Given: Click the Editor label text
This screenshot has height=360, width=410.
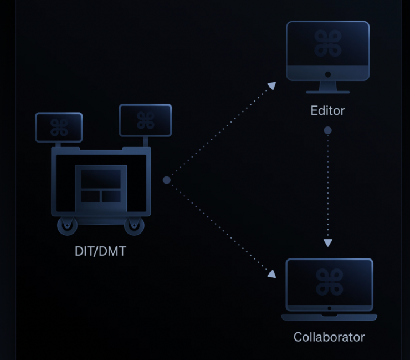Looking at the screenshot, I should [327, 110].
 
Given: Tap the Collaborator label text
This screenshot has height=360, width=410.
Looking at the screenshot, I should [329, 337].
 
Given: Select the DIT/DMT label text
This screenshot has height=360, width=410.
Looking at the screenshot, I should [100, 251].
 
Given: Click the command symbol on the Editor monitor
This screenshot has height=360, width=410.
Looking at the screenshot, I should [327, 44].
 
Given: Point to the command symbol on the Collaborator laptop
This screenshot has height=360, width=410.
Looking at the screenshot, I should [329, 282].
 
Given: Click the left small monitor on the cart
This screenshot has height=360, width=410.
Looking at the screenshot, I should [59, 127].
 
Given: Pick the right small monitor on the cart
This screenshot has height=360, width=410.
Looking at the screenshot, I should [145, 120].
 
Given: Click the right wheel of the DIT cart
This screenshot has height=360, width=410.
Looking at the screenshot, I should [134, 225].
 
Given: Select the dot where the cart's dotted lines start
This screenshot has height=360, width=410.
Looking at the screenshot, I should [166, 180].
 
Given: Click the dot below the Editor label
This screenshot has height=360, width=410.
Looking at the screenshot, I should [327, 130].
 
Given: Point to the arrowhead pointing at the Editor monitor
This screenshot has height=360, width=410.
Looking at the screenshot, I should [271, 85].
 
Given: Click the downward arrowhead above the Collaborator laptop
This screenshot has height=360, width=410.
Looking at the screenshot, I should [327, 242].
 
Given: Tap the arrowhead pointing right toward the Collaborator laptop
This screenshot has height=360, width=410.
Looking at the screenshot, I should [271, 273].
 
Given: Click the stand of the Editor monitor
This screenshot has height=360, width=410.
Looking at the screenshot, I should [327, 87].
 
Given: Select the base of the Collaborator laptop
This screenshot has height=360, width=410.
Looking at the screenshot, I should [329, 317].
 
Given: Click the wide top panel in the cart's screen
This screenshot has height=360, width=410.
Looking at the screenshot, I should [100, 180].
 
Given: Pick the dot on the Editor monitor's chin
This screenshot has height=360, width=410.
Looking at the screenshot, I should [327, 74].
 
